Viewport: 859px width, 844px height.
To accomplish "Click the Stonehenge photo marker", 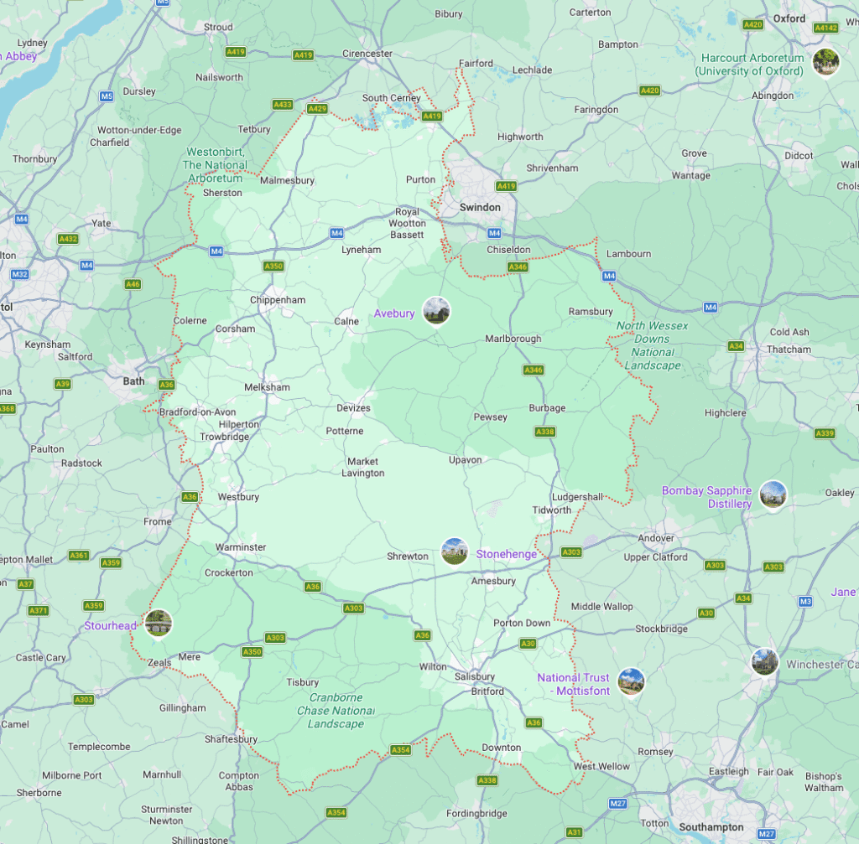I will pyautogui.click(x=455, y=551).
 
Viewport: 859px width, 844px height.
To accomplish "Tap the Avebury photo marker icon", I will pyautogui.click(x=436, y=311).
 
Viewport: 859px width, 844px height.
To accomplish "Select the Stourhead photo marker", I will pyautogui.click(x=158, y=623).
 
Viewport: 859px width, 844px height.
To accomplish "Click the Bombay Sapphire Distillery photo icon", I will pyautogui.click(x=773, y=494).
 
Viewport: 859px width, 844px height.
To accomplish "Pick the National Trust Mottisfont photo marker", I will pyautogui.click(x=631, y=681).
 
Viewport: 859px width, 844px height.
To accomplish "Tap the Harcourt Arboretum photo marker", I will pyautogui.click(x=826, y=61).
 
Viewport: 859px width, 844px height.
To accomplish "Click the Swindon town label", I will pyautogui.click(x=480, y=207).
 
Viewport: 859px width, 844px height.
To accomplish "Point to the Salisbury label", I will pyautogui.click(x=474, y=676).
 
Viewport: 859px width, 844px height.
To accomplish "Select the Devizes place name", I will pyautogui.click(x=352, y=408).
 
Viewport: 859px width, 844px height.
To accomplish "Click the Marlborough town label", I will pyautogui.click(x=513, y=339).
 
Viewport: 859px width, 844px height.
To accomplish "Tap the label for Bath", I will pyautogui.click(x=134, y=381).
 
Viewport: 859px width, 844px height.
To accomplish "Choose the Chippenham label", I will pyautogui.click(x=278, y=300).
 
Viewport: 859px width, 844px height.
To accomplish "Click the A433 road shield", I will pyautogui.click(x=283, y=105).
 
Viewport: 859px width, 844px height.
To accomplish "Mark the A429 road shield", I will pyautogui.click(x=317, y=109).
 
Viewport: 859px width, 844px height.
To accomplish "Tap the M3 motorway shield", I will pyautogui.click(x=805, y=601).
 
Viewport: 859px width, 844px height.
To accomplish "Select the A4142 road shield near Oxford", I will pyautogui.click(x=825, y=28).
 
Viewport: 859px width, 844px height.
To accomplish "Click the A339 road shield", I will pyautogui.click(x=825, y=433).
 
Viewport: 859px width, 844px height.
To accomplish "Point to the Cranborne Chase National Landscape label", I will pyautogui.click(x=336, y=711).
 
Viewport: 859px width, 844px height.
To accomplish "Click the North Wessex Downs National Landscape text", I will pyautogui.click(x=652, y=345).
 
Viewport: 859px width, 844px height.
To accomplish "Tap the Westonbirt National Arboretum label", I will pyautogui.click(x=215, y=165).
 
